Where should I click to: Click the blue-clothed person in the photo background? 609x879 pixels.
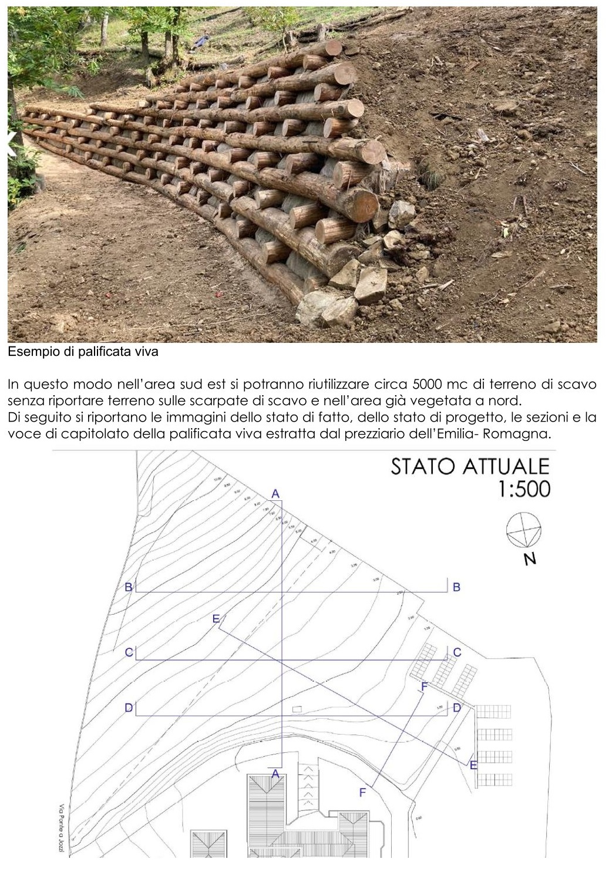[203, 41]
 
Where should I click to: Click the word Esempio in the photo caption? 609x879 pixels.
[27, 352]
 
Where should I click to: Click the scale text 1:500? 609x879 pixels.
[523, 489]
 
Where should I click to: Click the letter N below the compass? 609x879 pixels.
[530, 558]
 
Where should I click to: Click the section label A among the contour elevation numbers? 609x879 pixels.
[275, 493]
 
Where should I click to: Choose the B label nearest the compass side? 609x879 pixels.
[456, 587]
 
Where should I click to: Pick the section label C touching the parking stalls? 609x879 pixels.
[457, 652]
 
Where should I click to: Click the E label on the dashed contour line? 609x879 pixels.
[216, 618]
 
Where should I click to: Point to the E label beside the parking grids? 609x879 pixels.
[473, 765]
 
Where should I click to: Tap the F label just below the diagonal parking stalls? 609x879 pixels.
[424, 686]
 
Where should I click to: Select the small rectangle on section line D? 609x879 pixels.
[297, 709]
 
